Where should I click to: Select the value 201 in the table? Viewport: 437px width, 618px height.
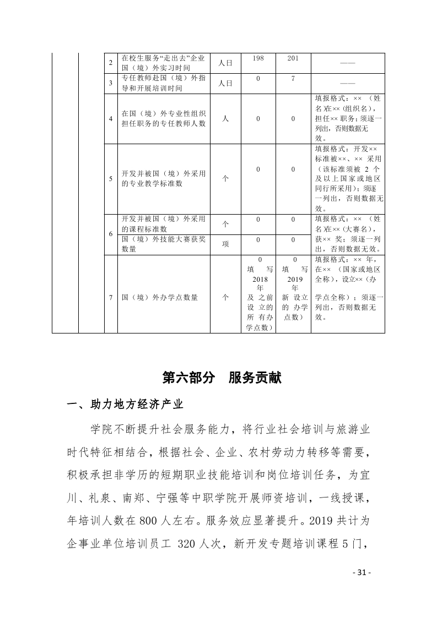[x=293, y=58]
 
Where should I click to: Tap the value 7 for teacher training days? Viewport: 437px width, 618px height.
[x=293, y=79]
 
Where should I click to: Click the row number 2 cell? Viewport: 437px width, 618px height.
[x=111, y=63]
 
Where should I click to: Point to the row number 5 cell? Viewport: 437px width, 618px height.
[x=111, y=179]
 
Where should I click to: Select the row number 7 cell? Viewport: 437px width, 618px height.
[x=111, y=297]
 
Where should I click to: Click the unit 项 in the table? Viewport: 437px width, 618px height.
[x=225, y=244]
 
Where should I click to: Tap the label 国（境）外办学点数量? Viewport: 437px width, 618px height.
[x=160, y=297]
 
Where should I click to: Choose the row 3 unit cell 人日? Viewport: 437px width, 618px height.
[x=225, y=84]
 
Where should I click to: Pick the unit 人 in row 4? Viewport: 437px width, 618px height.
[x=225, y=118]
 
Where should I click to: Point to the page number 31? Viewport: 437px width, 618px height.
[x=362, y=572]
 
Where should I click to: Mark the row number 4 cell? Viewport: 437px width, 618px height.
[x=111, y=118]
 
